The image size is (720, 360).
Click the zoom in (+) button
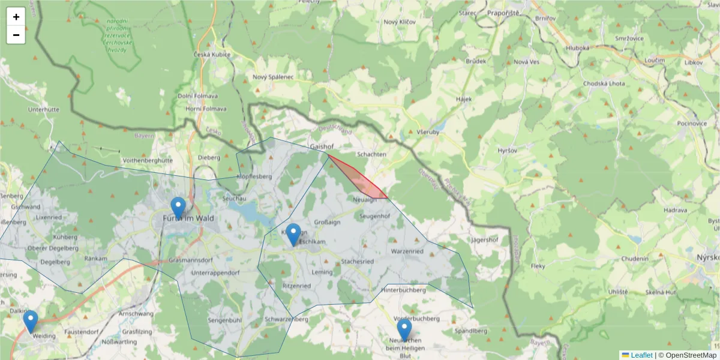[16, 17]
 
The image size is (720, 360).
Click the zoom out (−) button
[16, 35]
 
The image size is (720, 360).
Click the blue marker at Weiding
[31, 322]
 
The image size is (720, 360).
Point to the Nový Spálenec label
[273, 77]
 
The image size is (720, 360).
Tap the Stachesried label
[358, 262]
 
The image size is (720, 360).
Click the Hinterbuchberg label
[404, 290]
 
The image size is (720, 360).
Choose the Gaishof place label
[322, 146]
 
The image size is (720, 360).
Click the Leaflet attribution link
[641, 355]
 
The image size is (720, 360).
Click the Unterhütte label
[44, 110]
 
